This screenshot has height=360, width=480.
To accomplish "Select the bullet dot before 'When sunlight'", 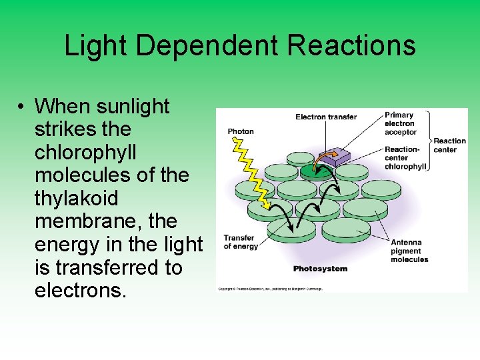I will click(22, 107).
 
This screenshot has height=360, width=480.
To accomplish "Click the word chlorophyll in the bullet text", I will click(85, 152).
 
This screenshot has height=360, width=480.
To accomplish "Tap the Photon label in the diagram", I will click(241, 131).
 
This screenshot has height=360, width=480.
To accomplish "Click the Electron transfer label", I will click(326, 117).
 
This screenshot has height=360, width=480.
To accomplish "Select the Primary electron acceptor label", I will click(400, 123).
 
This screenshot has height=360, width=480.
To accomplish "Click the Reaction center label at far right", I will click(449, 145).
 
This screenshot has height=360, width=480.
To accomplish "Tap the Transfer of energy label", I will click(240, 242).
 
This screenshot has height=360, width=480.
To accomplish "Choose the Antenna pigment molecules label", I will click(409, 251).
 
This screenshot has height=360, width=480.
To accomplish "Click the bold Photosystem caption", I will click(320, 269).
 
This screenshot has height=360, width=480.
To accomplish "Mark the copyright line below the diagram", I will click(269, 289).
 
